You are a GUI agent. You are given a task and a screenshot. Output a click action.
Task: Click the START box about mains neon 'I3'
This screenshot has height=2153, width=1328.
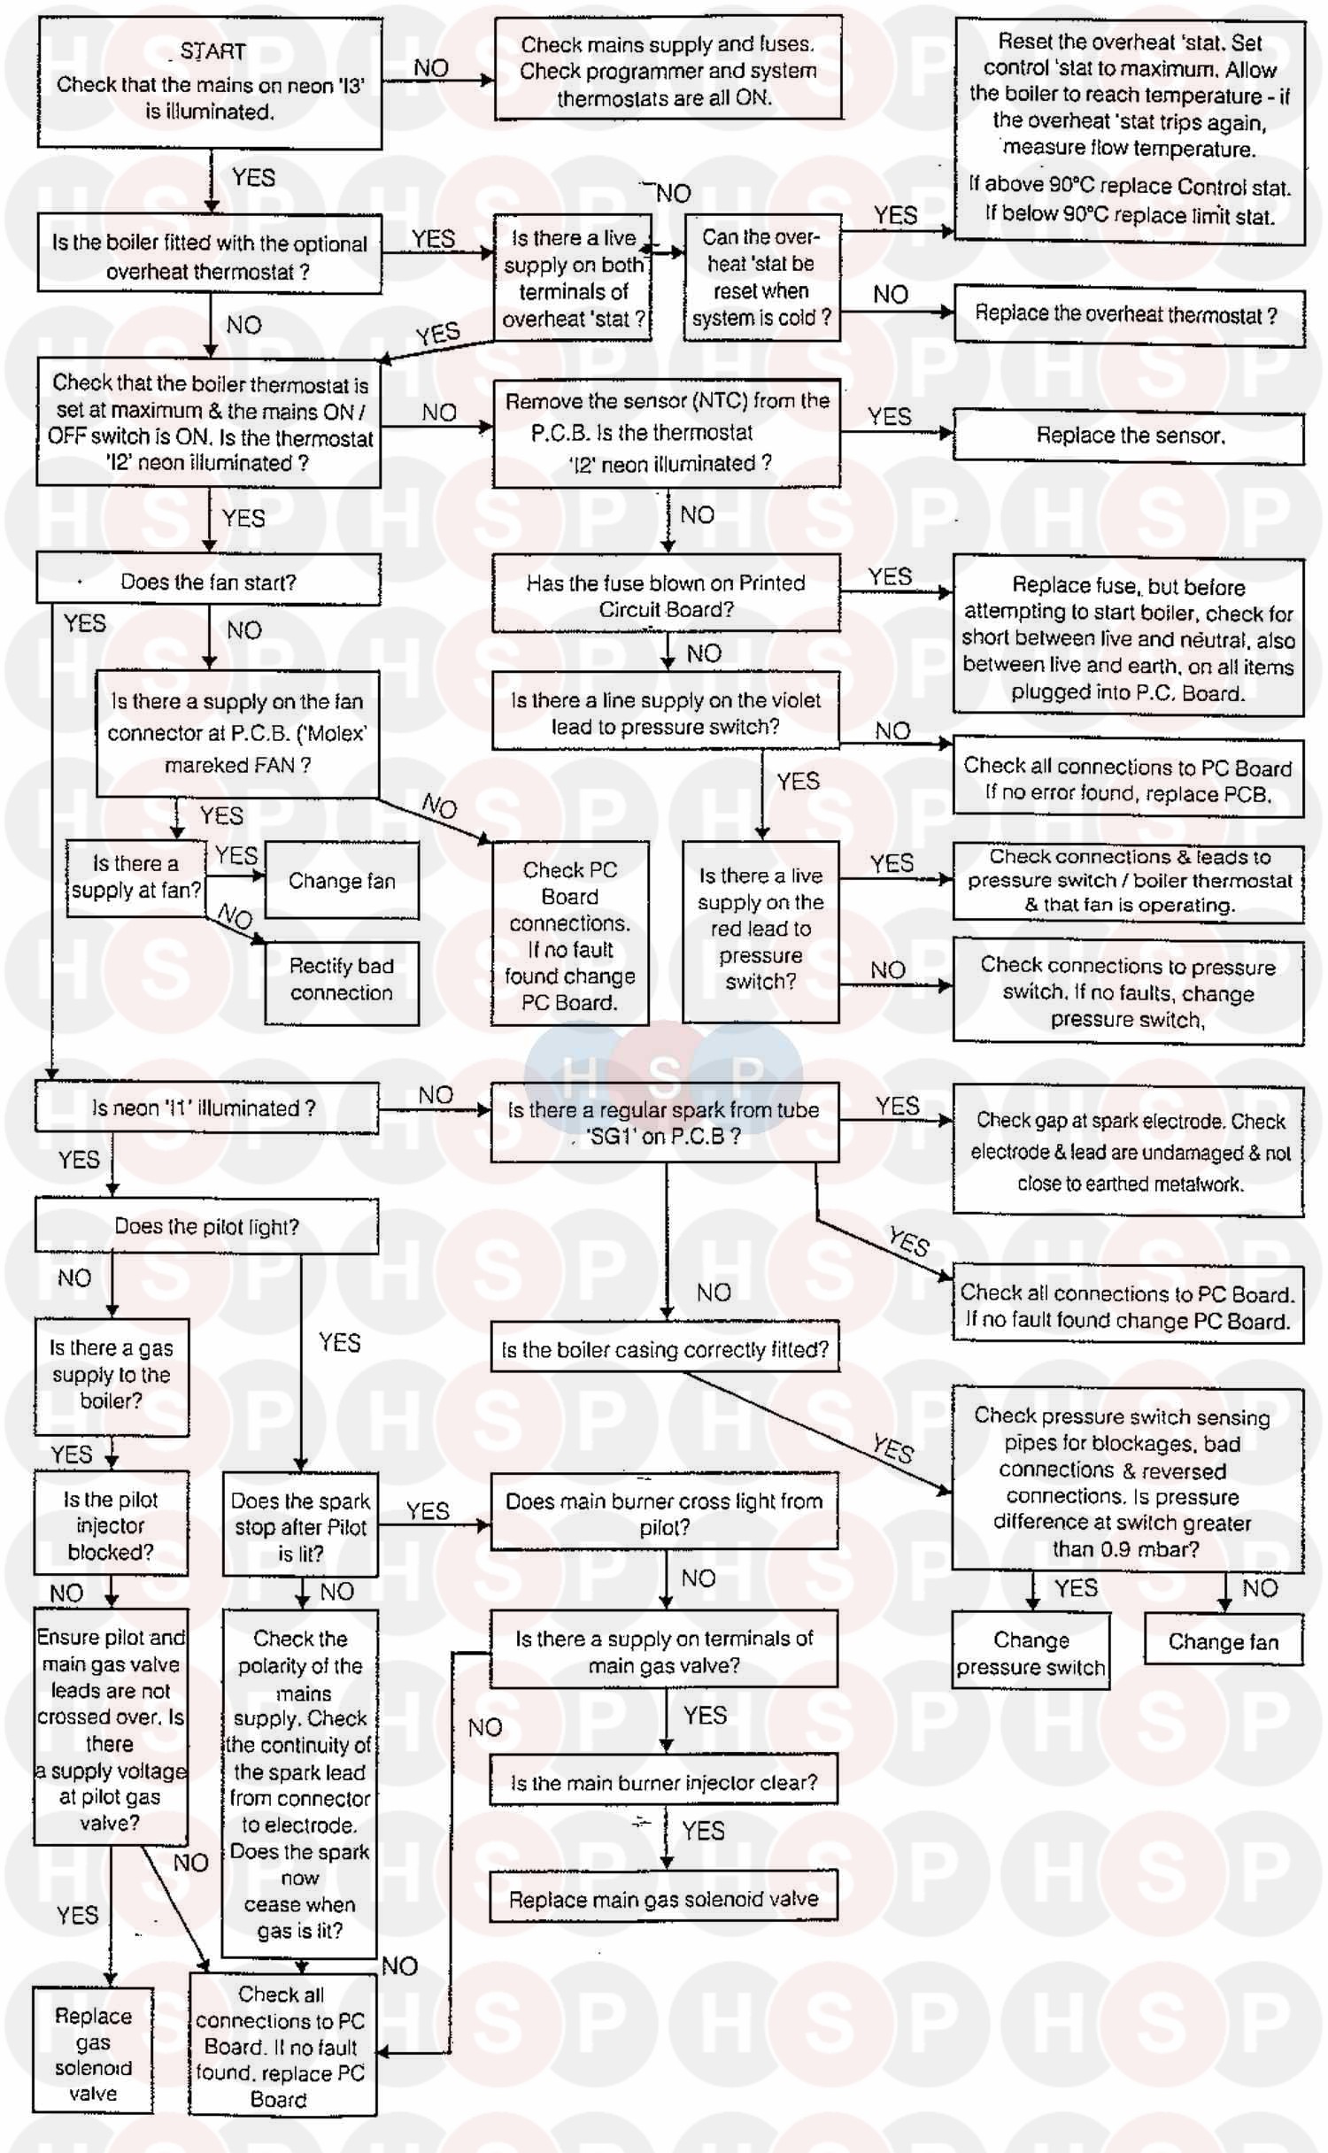click(x=210, y=82)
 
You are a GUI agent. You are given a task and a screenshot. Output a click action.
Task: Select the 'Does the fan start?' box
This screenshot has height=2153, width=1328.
click(x=208, y=582)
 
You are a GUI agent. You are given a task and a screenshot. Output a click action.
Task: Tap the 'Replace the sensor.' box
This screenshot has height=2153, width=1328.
click(x=1129, y=436)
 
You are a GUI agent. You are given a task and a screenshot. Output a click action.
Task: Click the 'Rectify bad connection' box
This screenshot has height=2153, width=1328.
click(x=342, y=980)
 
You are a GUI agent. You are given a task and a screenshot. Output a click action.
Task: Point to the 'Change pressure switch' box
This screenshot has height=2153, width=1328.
click(x=1031, y=1653)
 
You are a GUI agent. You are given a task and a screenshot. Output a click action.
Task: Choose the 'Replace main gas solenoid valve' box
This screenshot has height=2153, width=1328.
click(x=663, y=1899)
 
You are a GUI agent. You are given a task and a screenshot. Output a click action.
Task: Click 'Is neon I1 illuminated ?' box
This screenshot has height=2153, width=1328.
click(x=206, y=1107)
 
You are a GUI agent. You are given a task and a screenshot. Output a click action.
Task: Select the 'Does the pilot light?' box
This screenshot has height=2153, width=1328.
click(x=206, y=1226)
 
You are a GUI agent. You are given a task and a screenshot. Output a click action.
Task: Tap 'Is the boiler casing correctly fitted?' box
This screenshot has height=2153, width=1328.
click(x=665, y=1349)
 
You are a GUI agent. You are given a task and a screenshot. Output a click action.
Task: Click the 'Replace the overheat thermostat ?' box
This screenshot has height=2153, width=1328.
click(x=1129, y=315)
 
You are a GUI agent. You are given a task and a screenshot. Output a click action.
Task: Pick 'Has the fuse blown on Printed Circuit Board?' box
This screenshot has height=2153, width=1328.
click(x=666, y=595)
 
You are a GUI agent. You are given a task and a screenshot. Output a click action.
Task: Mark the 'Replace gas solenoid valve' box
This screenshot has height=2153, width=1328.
click(x=93, y=2054)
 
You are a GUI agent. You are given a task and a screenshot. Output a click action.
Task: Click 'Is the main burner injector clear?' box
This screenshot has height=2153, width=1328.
click(x=663, y=1782)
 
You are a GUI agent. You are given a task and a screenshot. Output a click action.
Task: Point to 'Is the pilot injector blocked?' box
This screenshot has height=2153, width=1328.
click(x=111, y=1525)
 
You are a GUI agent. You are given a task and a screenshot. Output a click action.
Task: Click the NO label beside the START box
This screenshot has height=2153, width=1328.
click(x=431, y=68)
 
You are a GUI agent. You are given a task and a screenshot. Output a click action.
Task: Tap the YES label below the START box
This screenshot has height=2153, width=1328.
click(x=253, y=178)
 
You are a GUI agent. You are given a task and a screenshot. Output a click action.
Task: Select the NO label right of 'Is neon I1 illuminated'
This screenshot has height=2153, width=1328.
click(x=436, y=1095)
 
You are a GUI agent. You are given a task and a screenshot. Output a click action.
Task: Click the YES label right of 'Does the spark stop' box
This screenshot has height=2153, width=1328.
click(x=428, y=1511)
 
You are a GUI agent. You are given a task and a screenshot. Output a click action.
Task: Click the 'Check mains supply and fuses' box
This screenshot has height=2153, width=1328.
click(x=668, y=70)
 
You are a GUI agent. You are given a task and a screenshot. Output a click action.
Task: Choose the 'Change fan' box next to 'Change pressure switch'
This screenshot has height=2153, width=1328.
click(x=1224, y=1642)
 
